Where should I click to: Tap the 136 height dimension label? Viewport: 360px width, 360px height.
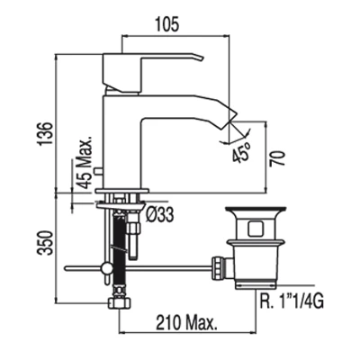46,133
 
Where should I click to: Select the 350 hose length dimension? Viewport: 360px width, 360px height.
45,243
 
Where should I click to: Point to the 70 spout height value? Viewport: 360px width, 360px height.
277,158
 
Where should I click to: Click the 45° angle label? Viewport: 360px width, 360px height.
241,151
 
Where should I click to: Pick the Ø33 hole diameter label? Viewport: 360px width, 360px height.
160,215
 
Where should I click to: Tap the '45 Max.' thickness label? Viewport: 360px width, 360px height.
85,164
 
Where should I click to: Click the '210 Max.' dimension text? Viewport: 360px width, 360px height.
186,323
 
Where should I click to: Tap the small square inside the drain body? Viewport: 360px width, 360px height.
256,229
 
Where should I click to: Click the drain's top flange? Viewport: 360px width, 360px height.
256,210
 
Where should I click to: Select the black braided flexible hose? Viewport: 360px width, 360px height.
120,250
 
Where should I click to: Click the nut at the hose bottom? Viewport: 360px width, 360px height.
120,302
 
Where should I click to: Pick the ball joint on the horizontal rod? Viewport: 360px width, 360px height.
106,267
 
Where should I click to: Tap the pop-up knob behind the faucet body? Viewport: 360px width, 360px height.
98,171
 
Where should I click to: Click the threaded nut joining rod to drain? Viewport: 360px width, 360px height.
218,267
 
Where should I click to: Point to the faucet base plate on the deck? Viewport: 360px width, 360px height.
122,191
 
